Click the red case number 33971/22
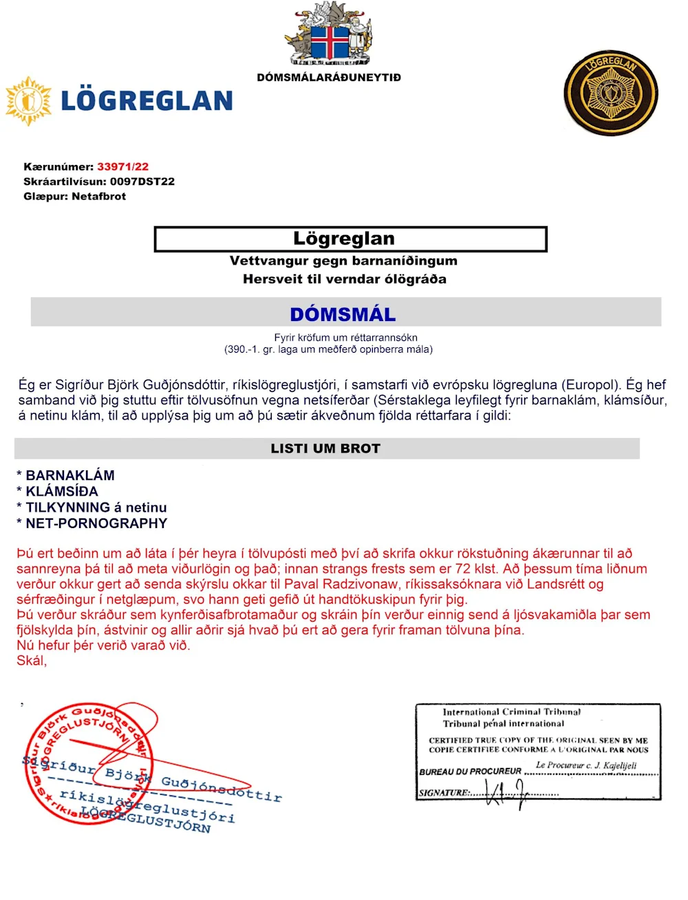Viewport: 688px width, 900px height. click(122, 166)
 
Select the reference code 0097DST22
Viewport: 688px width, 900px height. click(142, 182)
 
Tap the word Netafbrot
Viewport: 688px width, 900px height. click(98, 197)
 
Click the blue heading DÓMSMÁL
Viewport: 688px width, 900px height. click(343, 314)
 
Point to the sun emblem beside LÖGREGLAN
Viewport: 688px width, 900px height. click(28, 101)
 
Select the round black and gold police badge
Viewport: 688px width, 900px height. click(610, 92)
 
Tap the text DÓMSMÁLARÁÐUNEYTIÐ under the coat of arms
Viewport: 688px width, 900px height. click(329, 78)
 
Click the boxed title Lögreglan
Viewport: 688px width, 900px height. click(344, 239)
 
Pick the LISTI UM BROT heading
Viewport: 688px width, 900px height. click(325, 448)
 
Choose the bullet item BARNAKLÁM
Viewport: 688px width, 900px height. click(69, 475)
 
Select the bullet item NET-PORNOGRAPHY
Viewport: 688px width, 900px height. click(96, 523)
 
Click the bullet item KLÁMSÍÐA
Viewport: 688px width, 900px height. click(62, 491)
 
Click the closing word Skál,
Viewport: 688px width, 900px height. click(32, 661)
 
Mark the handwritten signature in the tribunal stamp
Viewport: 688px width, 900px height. click(506, 793)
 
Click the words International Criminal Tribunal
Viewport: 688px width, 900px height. click(511, 712)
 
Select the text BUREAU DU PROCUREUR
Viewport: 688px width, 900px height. click(470, 771)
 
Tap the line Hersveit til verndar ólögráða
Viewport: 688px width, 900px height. click(344, 279)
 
